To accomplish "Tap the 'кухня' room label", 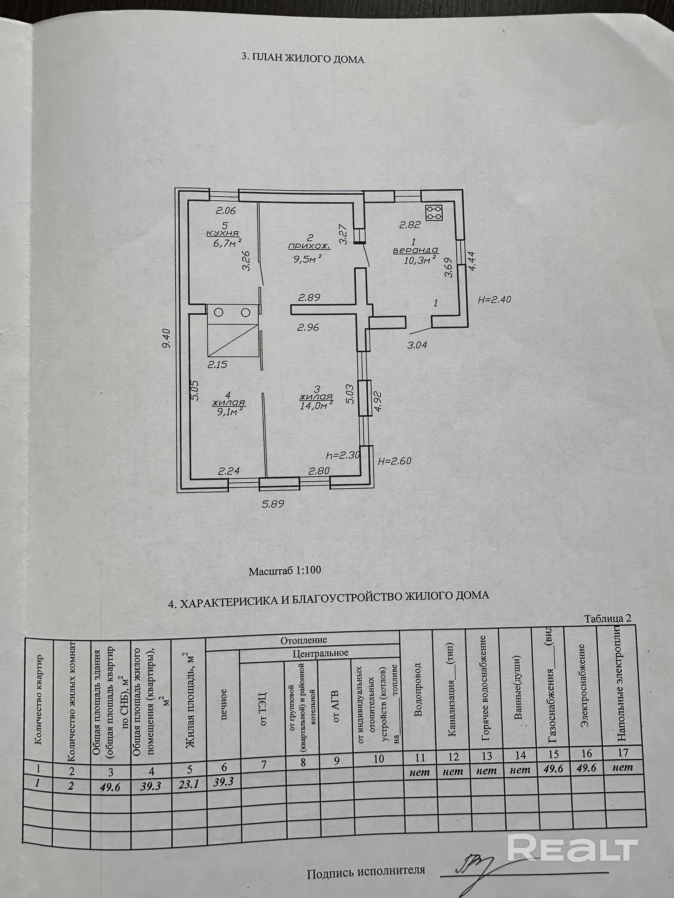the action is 223,233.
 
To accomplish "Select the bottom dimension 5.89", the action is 273,504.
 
